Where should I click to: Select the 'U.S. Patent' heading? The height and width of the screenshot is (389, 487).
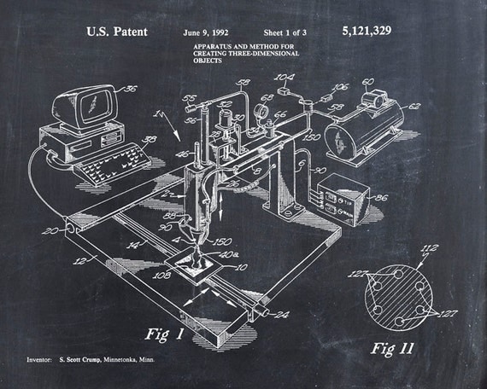(x=116, y=32)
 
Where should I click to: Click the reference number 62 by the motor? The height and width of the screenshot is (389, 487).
(x=416, y=107)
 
